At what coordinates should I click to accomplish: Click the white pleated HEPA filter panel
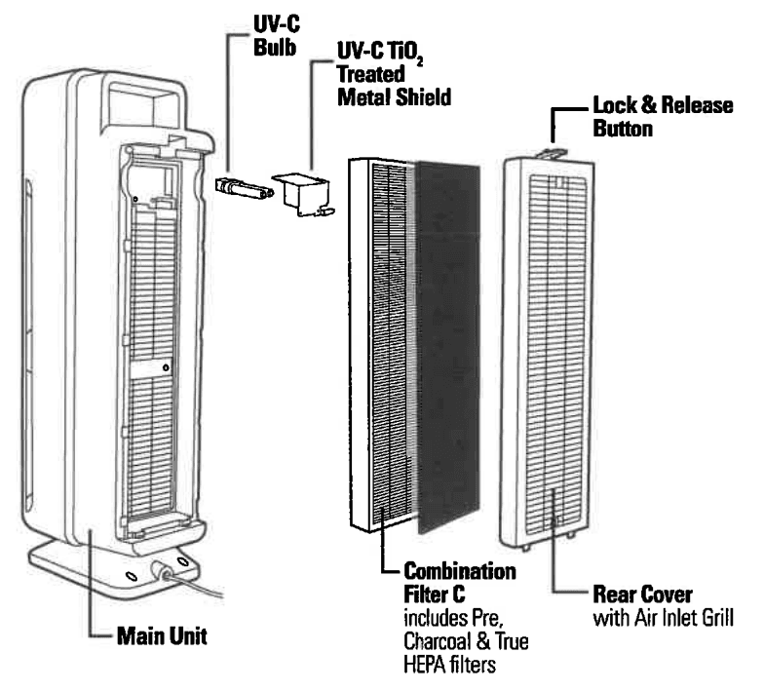pos(382,341)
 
